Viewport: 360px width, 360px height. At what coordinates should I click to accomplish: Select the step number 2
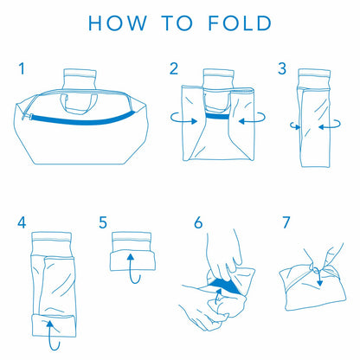tap(174, 67)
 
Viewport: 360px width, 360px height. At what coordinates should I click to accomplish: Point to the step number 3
tap(281, 67)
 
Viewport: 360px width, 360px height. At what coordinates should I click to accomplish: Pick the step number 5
tap(103, 223)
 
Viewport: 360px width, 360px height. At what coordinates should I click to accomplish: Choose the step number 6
tap(198, 223)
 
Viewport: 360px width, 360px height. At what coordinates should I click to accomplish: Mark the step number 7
tap(286, 223)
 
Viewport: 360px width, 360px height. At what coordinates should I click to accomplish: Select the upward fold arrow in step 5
tap(132, 265)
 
